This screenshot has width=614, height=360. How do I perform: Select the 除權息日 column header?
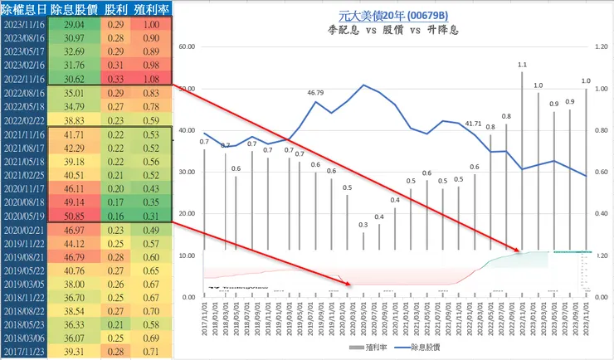click(x=24, y=8)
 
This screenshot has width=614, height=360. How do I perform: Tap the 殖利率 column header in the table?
click(x=151, y=8)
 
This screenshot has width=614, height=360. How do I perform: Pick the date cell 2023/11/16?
click(x=24, y=27)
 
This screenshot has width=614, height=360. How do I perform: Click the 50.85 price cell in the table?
click(x=67, y=215)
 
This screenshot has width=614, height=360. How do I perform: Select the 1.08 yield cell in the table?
click(x=151, y=78)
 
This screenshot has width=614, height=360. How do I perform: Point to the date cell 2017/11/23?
click(x=24, y=353)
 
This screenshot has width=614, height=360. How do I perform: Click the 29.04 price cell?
click(x=67, y=27)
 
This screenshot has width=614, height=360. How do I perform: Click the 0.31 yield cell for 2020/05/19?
click(x=151, y=215)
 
